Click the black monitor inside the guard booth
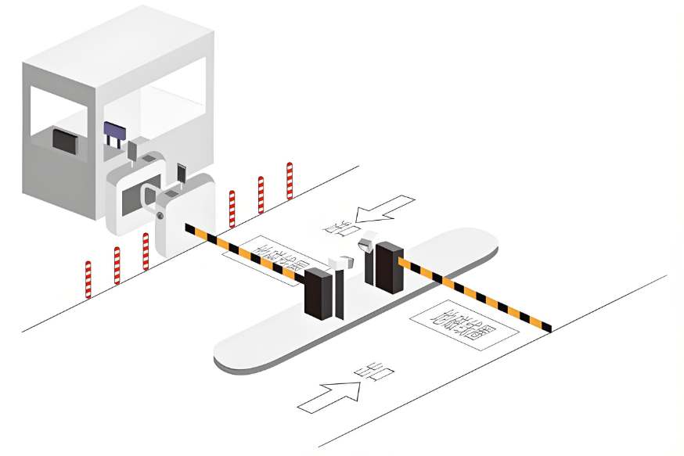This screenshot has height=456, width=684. click(64, 141)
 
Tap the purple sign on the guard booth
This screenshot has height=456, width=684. click(114, 130)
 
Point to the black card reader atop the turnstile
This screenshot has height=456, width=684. click(182, 174)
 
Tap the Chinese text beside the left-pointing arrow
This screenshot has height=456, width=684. click(339, 228)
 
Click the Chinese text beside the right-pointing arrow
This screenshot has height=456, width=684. click(375, 373)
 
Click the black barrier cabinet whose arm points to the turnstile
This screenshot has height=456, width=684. click(319, 294)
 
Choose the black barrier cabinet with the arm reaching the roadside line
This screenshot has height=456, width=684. click(389, 267)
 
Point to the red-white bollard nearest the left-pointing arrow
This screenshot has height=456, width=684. click(290, 180)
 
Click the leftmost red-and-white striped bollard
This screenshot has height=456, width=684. click(88, 279)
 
